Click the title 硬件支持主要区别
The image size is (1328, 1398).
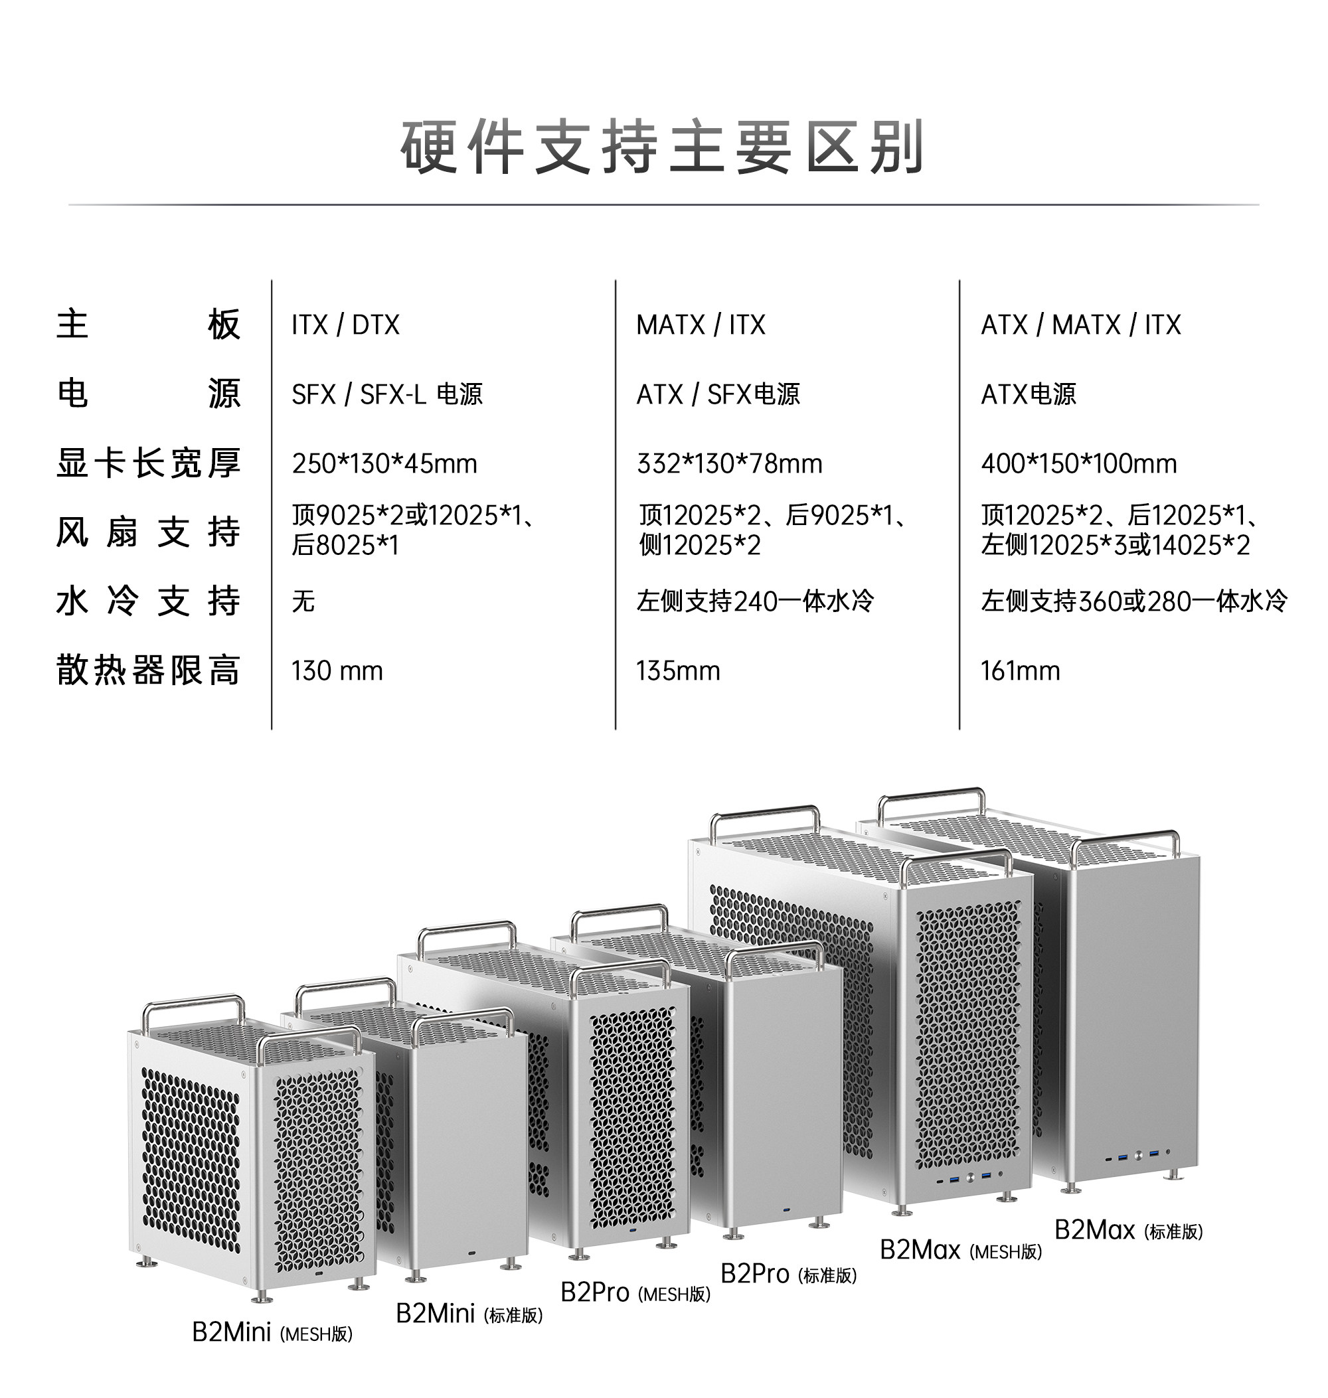pos(663,147)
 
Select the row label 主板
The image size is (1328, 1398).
pos(148,325)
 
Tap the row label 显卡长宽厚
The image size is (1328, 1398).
pos(148,463)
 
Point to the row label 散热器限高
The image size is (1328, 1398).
pos(148,670)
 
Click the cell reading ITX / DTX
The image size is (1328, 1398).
pos(345,325)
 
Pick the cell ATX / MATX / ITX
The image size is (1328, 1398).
pos(1080,325)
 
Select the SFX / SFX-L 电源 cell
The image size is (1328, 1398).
pos(386,394)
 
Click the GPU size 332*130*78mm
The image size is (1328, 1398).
pos(729,463)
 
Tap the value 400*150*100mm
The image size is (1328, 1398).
pos(1078,463)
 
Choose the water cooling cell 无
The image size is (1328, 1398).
pos(303,601)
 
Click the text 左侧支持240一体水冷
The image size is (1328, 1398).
pos(754,601)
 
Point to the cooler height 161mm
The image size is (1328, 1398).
pos(1020,670)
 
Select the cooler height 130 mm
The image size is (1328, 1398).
pos(337,670)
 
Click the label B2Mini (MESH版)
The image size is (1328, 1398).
pos(272,1333)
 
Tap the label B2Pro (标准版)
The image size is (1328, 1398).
pos(788,1274)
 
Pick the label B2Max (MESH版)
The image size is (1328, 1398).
pos(961,1251)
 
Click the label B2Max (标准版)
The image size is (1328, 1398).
pos(1128,1231)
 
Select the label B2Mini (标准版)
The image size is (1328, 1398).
pos(469,1314)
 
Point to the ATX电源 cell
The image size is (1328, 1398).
pos(1028,394)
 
